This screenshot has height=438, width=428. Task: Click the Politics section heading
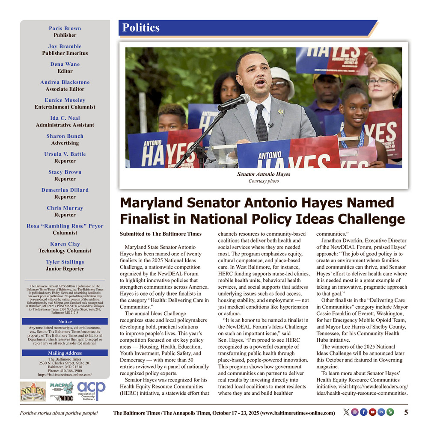point(141,28)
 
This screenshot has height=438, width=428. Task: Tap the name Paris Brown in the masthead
point(65,29)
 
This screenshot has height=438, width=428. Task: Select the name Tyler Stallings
point(65,262)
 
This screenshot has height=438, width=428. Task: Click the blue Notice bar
point(65,322)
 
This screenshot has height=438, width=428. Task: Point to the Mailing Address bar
point(65,353)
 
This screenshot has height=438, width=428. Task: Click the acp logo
point(91,391)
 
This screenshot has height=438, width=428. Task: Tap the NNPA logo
point(33,391)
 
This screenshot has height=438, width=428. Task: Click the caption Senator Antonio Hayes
point(264,175)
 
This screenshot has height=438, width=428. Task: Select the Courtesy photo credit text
point(264,181)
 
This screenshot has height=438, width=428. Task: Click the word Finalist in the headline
point(147,219)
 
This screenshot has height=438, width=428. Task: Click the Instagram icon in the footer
point(355,412)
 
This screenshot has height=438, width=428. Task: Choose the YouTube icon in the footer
point(372,412)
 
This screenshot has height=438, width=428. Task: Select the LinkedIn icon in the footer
point(381,412)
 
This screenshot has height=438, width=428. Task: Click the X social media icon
point(346,412)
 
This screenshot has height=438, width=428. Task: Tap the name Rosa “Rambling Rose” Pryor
point(65,226)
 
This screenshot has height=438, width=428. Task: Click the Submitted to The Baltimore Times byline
point(160,234)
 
